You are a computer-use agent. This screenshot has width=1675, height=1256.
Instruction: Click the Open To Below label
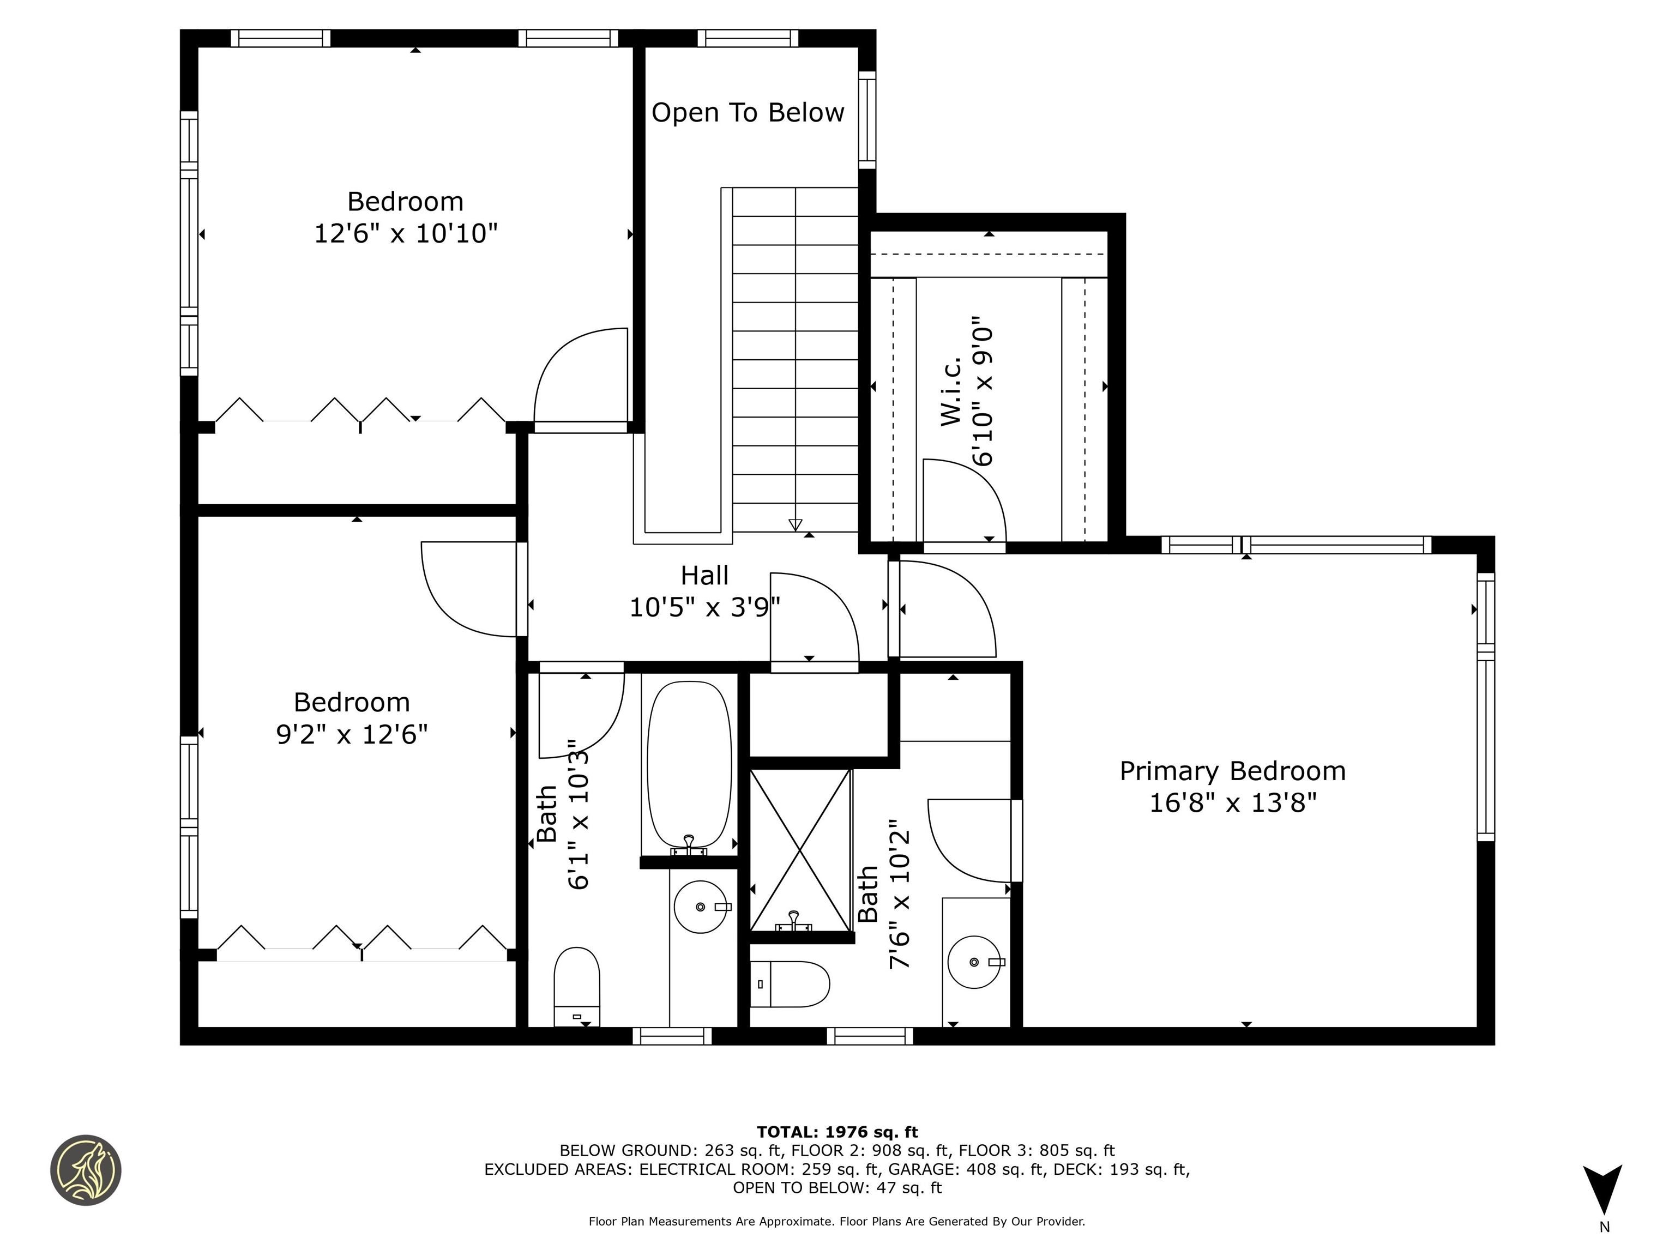pyautogui.click(x=748, y=113)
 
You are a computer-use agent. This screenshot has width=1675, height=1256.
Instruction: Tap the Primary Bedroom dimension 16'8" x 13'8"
pyautogui.click(x=1233, y=802)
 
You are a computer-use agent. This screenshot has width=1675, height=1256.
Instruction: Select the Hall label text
pyautogui.click(x=704, y=575)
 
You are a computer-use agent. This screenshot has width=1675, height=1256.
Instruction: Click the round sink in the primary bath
pyautogui.click(x=974, y=962)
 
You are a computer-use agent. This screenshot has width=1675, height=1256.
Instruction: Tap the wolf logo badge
pyautogui.click(x=86, y=1170)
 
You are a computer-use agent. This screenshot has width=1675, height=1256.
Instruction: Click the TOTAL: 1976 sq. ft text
pyautogui.click(x=837, y=1132)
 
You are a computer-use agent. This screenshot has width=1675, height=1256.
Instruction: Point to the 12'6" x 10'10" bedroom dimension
pyautogui.click(x=405, y=233)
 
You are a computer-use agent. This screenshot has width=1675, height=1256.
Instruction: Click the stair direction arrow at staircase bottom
pyautogui.click(x=795, y=524)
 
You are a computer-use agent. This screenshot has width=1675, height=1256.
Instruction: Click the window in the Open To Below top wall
pyautogui.click(x=748, y=38)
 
